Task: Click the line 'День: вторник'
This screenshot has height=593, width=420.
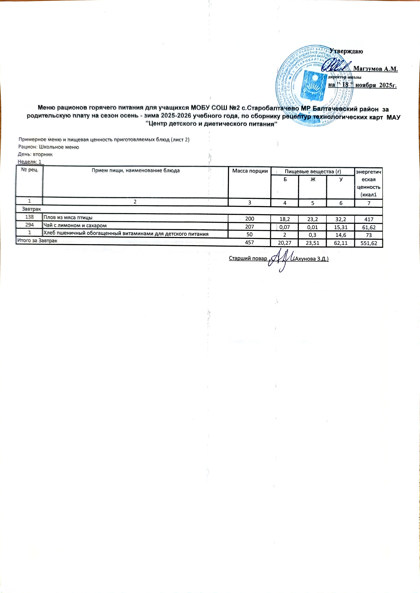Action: pyautogui.click(x=35, y=154)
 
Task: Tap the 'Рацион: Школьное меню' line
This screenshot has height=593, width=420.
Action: pyautogui.click(x=49, y=147)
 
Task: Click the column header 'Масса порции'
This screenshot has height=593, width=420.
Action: pyautogui.click(x=250, y=171)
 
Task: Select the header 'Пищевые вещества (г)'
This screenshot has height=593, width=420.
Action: pyautogui.click(x=312, y=171)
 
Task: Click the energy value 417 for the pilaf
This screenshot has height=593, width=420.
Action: pyautogui.click(x=369, y=220)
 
